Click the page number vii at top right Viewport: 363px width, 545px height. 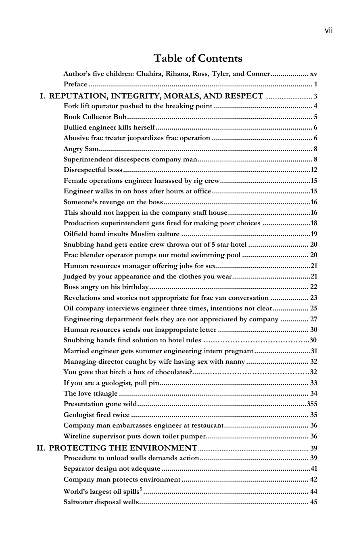[329, 30]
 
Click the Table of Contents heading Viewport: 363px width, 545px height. [198, 59]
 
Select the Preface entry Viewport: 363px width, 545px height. [75, 84]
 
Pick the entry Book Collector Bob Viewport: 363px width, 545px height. [95, 117]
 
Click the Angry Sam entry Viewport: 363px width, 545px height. [81, 149]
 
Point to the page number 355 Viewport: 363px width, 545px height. [312, 404]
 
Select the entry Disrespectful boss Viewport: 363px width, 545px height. [93, 170]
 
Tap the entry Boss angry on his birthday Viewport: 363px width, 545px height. [106, 287]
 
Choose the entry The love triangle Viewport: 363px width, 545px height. [91, 394]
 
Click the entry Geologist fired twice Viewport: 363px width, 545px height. [97, 415]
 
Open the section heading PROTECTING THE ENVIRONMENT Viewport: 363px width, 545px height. [123, 448]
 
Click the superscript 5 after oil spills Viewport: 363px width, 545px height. [141, 490]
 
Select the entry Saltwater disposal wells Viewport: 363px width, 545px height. [101, 503]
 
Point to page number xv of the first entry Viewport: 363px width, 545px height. [313, 74]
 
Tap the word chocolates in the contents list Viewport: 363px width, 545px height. [172, 372]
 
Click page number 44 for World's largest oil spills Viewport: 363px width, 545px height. [313, 492]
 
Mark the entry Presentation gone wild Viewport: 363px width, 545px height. [100, 404]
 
